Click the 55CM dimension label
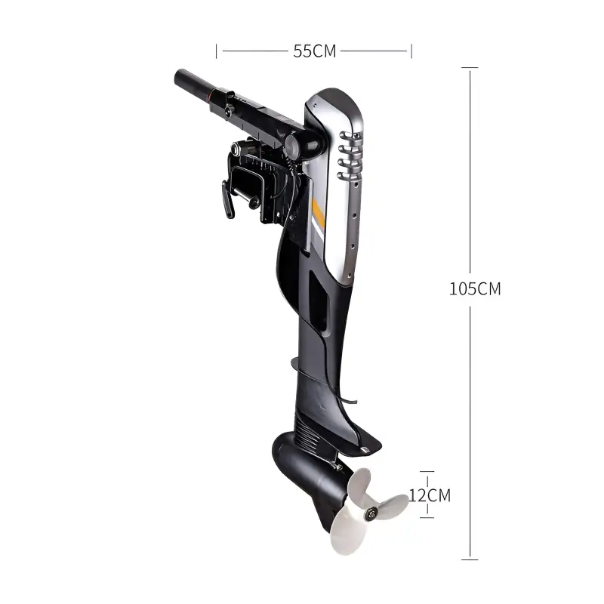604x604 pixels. click(314, 51)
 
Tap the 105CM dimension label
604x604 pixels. click(475, 289)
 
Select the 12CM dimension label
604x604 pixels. click(430, 495)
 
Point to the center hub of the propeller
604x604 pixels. click(371, 513)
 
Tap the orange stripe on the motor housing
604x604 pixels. click(319, 213)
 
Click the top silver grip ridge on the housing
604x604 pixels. click(350, 135)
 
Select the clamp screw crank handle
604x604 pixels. click(228, 199)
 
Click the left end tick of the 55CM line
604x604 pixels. click(217, 51)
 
